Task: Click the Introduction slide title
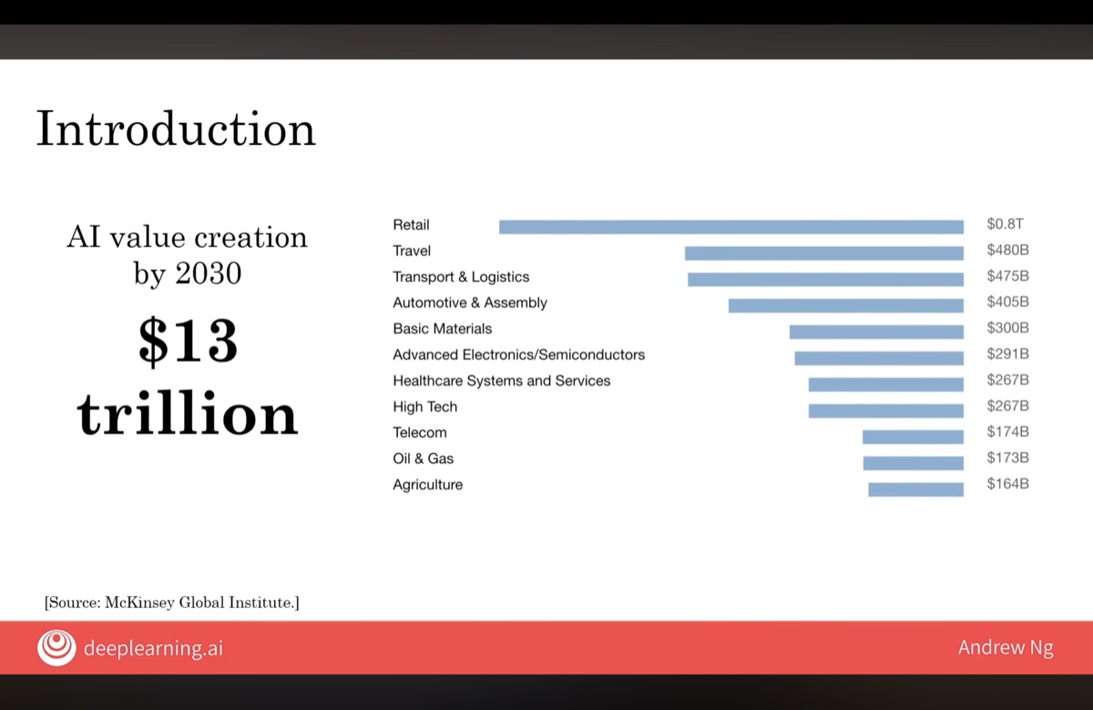coord(176,129)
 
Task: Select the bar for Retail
coord(730,227)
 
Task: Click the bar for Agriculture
coord(915,489)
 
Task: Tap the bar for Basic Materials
coord(876,332)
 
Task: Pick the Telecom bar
coord(913,437)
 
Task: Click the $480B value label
coord(1007,250)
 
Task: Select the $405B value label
coord(1007,302)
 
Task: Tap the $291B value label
coord(1007,354)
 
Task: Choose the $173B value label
coord(1007,458)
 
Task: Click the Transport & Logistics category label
coord(461,276)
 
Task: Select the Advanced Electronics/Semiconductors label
coord(518,355)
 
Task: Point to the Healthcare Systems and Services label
coord(501,380)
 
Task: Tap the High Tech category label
coord(424,406)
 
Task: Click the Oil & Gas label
coord(423,458)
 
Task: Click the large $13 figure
coord(188,342)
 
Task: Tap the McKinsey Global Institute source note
coord(171,602)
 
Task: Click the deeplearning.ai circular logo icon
coord(56,648)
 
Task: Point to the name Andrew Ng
coord(1005,648)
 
